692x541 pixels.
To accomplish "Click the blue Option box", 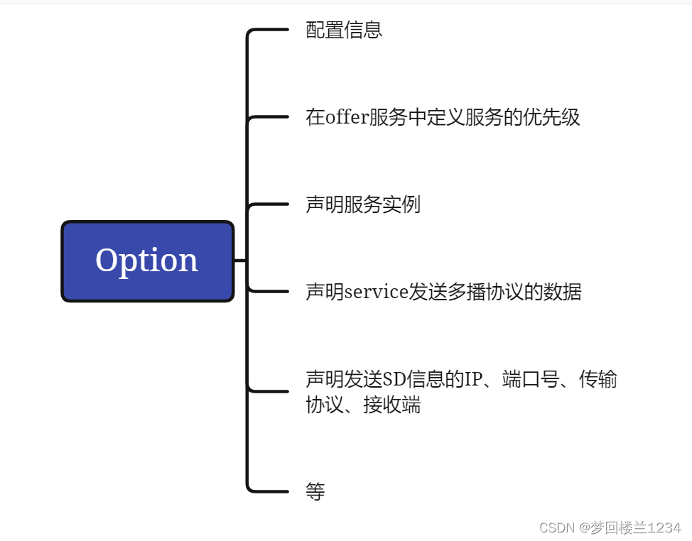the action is (x=147, y=261).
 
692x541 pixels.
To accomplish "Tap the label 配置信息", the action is (x=344, y=30).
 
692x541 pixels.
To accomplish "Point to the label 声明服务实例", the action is (x=363, y=204).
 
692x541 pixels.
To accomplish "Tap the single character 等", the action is (x=315, y=491).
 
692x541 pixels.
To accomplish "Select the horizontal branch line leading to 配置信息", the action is (x=270, y=30).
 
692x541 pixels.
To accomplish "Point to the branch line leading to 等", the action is (x=270, y=491).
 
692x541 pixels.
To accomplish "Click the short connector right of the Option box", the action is (x=240, y=261).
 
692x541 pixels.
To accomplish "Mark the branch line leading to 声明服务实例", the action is (x=270, y=204).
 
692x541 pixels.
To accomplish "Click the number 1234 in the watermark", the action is (x=664, y=528).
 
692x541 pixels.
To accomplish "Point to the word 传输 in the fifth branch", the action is (x=598, y=379).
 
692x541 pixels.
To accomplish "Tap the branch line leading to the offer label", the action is (x=270, y=117).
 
